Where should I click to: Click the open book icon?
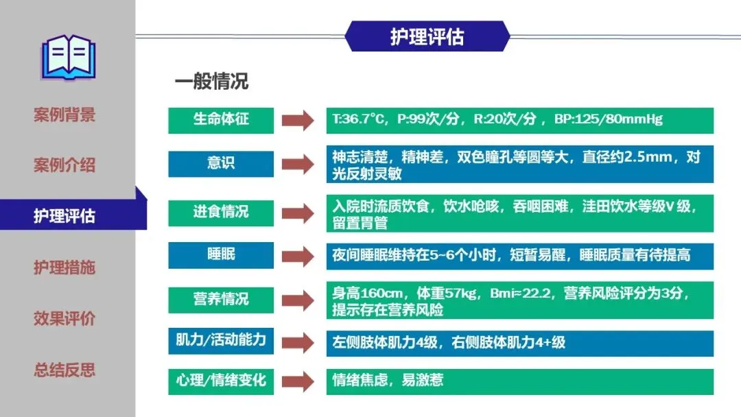coord(68,56)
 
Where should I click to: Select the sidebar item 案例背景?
coord(64,115)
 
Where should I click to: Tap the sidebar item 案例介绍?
coord(64,165)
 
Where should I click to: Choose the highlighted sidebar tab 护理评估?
coord(64,217)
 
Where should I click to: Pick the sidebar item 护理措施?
coord(64,267)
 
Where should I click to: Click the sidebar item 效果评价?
coord(64,319)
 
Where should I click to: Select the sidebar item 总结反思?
coord(64,370)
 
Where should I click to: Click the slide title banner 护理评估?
coord(427,36)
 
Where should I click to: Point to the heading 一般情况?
coord(211,82)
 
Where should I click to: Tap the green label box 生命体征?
coord(221,120)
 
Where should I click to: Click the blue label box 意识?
coord(221,164)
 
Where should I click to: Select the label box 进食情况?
coord(221,212)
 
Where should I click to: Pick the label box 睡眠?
coord(221,255)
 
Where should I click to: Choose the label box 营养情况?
coord(221,299)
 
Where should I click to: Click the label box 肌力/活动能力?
coord(221,341)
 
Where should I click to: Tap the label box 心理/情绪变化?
coord(221,381)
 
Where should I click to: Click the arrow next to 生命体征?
coord(298,121)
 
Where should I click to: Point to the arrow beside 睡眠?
coord(298,256)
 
